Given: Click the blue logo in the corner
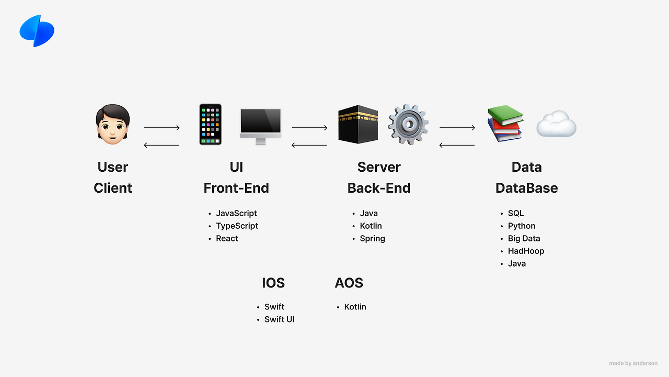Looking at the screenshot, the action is [37, 31].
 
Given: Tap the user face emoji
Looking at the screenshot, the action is [112, 125].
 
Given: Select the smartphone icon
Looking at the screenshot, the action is [211, 125].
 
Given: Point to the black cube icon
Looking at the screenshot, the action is [358, 124].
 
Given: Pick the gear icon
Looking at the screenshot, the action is [408, 125].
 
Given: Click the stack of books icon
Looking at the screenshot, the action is [505, 123].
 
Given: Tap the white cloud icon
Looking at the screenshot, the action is [557, 124].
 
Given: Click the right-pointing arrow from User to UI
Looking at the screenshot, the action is [162, 128].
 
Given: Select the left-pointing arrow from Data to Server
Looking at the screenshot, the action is [457, 146].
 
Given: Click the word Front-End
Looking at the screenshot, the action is [236, 188].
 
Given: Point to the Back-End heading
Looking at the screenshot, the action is [379, 188].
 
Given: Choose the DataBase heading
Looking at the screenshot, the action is [526, 188].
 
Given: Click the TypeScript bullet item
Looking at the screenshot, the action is [237, 226].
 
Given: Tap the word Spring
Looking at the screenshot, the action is [373, 239].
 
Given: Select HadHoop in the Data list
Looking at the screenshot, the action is [526, 251].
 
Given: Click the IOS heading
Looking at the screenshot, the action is [273, 283].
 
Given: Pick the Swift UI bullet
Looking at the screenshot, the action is [279, 319].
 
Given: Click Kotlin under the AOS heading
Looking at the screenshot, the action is [355, 307].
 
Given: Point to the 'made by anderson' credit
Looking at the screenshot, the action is [633, 363].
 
